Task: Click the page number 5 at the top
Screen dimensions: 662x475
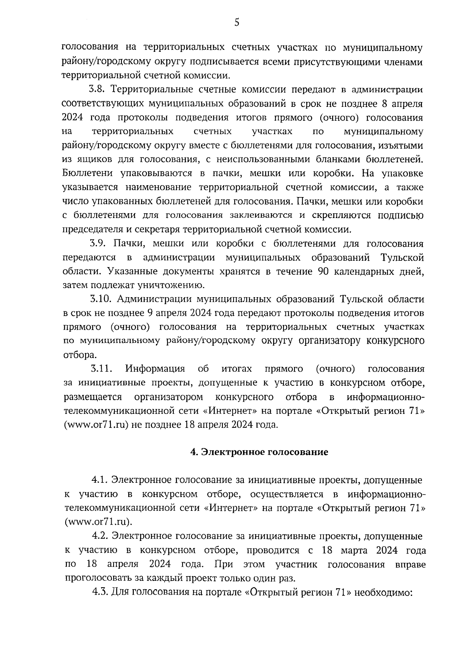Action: pos(237,23)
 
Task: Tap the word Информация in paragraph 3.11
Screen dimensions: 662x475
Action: pos(155,369)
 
